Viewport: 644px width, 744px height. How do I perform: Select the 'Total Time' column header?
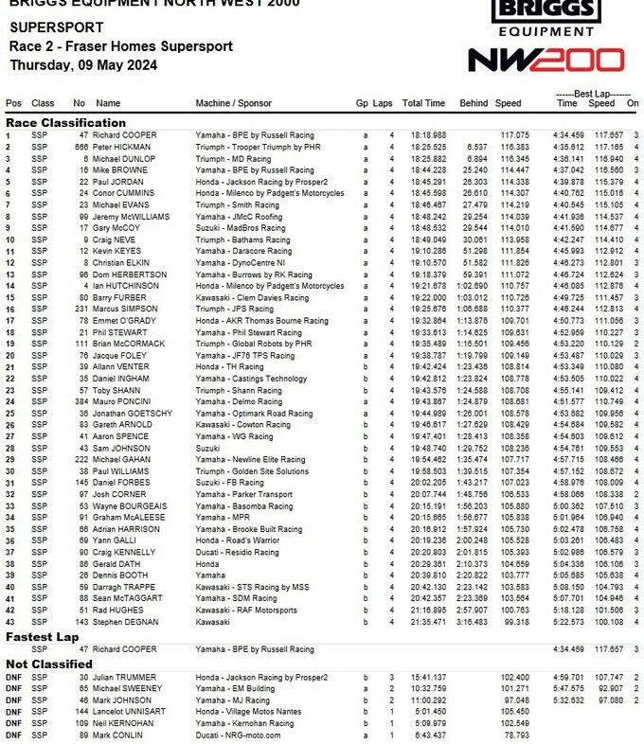423,103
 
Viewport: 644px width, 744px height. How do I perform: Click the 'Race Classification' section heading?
66,123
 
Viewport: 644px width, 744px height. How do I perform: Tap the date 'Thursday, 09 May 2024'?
84,65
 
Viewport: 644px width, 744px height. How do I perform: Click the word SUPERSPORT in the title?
50,27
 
